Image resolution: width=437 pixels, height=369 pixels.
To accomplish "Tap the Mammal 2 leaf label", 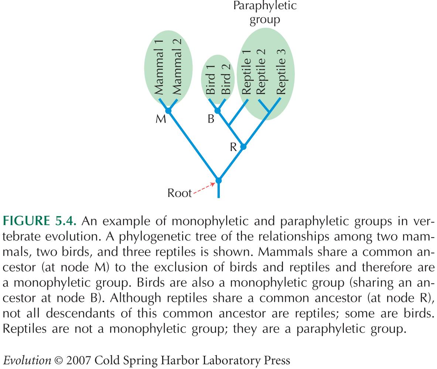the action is (x=177, y=67).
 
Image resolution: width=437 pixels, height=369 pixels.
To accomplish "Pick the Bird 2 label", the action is (x=226, y=79).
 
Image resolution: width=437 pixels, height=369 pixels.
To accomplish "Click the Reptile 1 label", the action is (x=246, y=72).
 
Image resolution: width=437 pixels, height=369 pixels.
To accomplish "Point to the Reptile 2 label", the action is (x=261, y=72).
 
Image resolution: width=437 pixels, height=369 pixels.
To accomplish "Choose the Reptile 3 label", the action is (x=281, y=72).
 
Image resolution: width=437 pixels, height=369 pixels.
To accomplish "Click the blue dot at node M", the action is (x=168, y=111).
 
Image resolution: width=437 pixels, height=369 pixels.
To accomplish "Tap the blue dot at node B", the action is (x=217, y=111).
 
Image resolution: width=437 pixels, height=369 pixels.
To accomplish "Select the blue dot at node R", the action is (x=243, y=146).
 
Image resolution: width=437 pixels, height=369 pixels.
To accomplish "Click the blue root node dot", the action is (x=219, y=181).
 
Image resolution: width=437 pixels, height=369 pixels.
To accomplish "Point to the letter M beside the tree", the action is (x=161, y=119).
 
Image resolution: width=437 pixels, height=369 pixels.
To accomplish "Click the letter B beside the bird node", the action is (x=211, y=119).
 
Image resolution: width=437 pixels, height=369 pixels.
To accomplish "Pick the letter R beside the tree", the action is (x=233, y=147).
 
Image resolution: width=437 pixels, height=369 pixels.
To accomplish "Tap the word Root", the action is (x=180, y=193).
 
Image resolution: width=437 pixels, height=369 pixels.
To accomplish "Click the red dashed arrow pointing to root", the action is (x=204, y=188).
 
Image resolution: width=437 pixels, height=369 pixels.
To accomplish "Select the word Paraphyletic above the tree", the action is (x=265, y=6).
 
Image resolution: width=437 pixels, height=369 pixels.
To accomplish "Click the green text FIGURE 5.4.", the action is (x=39, y=221).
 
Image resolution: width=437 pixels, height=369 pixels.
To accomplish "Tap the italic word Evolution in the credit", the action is (x=27, y=361).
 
